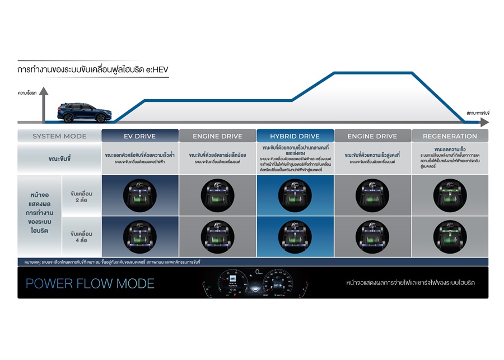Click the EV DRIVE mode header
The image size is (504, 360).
click(x=139, y=136)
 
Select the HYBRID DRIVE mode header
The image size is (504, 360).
click(x=295, y=136)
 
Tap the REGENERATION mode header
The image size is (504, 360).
click(x=450, y=136)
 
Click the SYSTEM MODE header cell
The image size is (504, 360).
click(x=59, y=136)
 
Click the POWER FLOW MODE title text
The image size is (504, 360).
click(x=90, y=283)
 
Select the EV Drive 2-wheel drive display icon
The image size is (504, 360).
click(x=140, y=195)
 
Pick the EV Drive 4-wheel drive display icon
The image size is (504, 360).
click(x=140, y=236)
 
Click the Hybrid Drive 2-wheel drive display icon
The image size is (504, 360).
click(x=295, y=195)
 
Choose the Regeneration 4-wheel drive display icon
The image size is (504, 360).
click(x=450, y=236)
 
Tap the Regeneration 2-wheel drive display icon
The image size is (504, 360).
click(x=450, y=195)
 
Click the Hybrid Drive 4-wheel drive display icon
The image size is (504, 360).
click(x=295, y=236)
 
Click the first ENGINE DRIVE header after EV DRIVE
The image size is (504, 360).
click(x=217, y=136)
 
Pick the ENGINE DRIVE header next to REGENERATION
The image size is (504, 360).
click(x=372, y=136)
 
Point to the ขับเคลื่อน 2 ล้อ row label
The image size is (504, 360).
click(x=82, y=195)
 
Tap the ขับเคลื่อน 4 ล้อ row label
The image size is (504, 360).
click(x=82, y=236)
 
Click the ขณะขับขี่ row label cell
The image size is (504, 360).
click(x=59, y=158)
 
